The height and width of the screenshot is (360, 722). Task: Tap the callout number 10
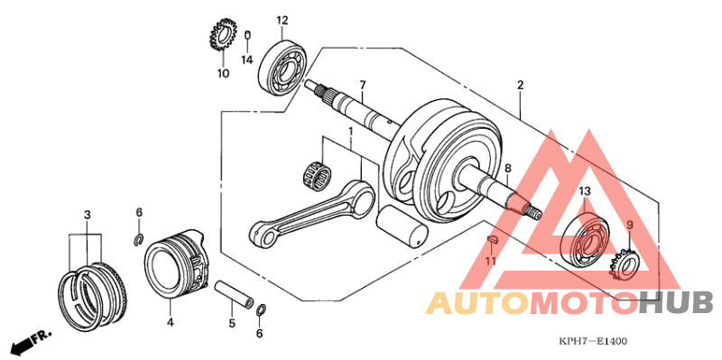coord(223,73)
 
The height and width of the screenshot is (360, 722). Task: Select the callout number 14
coord(246,60)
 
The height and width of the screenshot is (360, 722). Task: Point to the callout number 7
coord(362,86)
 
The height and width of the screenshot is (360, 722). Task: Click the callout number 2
coord(521,86)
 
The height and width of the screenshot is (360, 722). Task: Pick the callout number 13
coord(585,191)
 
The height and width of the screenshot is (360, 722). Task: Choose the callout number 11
coord(491,262)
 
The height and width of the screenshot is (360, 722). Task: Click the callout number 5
coord(231,323)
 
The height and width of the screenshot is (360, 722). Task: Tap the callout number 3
coord(87,215)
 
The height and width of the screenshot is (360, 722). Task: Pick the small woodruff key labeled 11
coord(492,240)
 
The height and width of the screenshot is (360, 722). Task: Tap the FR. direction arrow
coord(30,342)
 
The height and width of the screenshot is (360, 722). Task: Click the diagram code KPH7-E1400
coord(592,341)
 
